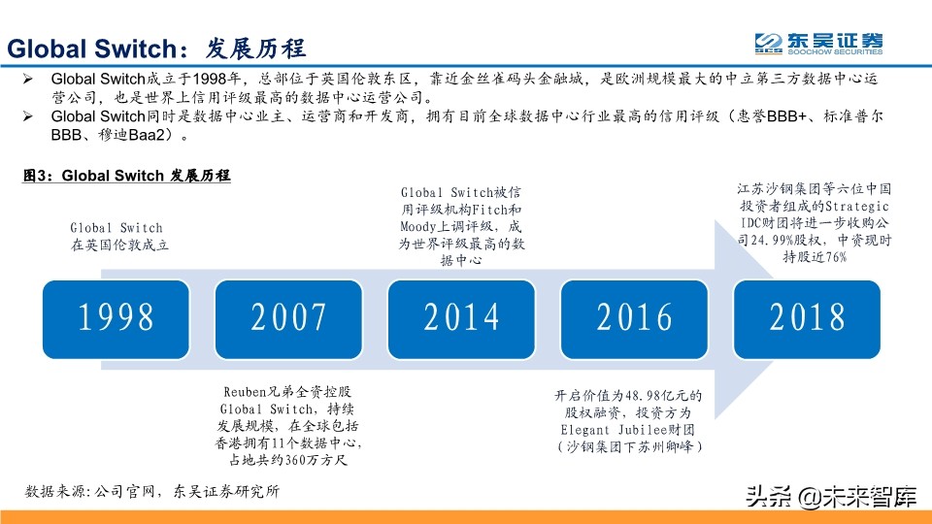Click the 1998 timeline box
pos(116,317)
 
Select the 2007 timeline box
pos(289,317)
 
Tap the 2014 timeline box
pos(462,317)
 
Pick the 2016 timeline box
pos(635,317)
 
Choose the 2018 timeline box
pos(808,317)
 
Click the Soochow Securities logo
pos(820,44)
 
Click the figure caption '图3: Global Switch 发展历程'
pos(127,176)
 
